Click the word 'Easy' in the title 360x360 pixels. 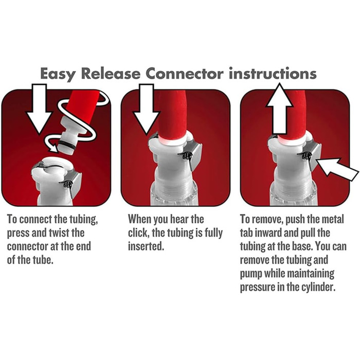click(x=58, y=74)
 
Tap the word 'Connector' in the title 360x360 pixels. click(x=185, y=74)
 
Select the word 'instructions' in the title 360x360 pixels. click(x=273, y=74)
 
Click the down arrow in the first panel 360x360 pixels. click(x=39, y=109)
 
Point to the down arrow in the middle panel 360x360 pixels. click(x=146, y=109)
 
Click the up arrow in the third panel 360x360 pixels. click(x=279, y=109)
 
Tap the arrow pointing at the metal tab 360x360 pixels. click(x=337, y=169)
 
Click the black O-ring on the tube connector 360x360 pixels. click(x=66, y=145)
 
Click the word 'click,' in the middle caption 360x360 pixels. click(x=138, y=233)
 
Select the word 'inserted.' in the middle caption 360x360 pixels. click(x=146, y=246)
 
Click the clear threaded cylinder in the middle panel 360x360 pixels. click(x=174, y=192)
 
